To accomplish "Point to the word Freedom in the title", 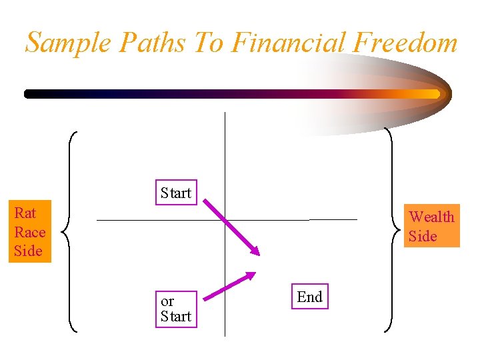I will pos(407,43).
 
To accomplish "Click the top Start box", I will pos(176,193).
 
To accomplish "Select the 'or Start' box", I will pos(176,309).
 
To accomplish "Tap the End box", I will pos(309,297).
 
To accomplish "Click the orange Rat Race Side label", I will pos(29,232).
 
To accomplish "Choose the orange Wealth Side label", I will pos(431,226).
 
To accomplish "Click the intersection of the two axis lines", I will pos(225,219).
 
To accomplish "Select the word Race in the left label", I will pos(30,232).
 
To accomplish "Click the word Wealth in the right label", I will pos(431,217).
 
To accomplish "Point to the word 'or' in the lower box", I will pos(167,301).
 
